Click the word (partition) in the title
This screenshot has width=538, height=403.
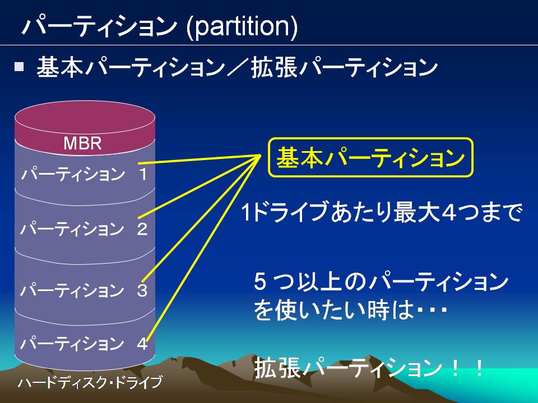(242, 27)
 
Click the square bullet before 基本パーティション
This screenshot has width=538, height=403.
(19, 66)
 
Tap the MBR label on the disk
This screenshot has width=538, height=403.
(83, 143)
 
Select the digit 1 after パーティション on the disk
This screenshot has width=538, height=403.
(143, 174)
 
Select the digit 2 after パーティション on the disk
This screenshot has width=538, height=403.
(142, 229)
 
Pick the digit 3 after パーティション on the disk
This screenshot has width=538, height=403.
(142, 290)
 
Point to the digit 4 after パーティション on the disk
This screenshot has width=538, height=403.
(142, 344)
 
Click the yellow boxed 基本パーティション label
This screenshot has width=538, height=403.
(370, 158)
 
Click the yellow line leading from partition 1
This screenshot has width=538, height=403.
(200, 159)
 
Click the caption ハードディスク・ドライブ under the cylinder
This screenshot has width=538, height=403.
(90, 382)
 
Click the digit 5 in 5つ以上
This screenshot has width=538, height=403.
(259, 282)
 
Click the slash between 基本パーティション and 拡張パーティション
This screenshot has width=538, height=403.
(238, 67)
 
